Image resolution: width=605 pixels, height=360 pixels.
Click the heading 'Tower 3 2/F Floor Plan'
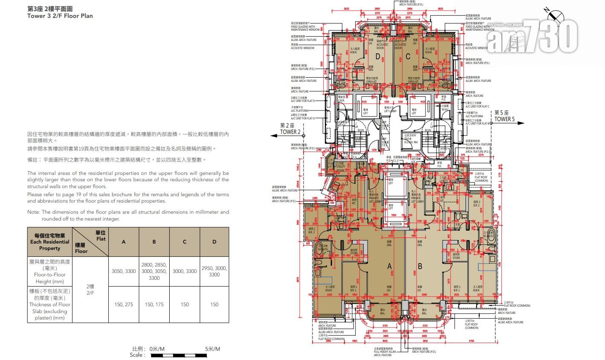pos(60,16)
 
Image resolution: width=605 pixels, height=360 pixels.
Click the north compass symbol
pos(554,15)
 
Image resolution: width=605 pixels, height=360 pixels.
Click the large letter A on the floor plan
pos(389,267)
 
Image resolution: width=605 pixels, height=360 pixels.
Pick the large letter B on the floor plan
pos(420,267)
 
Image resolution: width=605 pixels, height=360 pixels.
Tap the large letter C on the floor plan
pos(408,56)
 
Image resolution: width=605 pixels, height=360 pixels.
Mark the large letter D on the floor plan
pos(377,56)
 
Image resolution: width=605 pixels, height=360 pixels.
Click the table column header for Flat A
pos(124,242)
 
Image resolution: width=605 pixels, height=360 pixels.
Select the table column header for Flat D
pos(214,242)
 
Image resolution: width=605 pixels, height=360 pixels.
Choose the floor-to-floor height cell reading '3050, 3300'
pos(124,272)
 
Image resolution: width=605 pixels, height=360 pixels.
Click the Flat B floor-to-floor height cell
pos(154,272)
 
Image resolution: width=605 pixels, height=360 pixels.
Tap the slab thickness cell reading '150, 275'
pos(124,305)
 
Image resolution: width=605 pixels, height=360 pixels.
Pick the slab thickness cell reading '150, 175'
pos(154,305)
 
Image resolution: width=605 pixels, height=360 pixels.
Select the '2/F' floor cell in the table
pos(90,288)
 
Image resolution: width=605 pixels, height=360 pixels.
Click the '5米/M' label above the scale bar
pos(212,348)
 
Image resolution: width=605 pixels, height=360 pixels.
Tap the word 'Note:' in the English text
pos(34,212)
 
